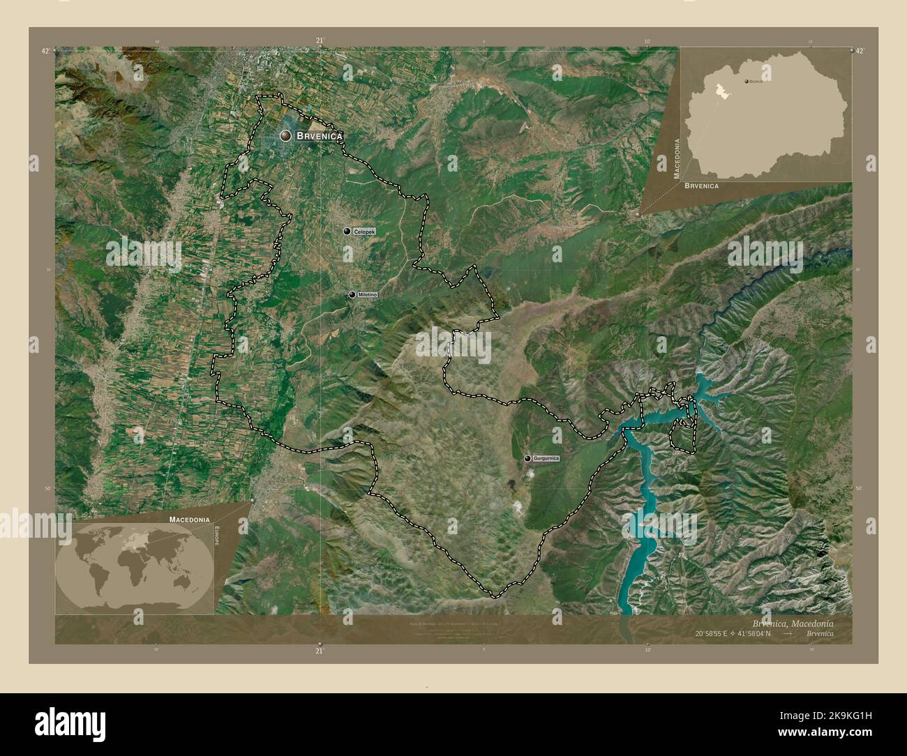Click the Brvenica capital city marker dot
tap(285, 137)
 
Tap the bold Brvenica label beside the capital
tap(320, 137)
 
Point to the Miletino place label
tap(367, 295)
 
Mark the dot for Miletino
tap(352, 295)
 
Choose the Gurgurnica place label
tap(546, 458)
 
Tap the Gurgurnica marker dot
tap(527, 458)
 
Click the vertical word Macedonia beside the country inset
tap(676, 159)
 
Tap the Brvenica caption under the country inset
tap(701, 186)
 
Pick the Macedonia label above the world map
tap(188, 520)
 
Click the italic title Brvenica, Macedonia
tap(792, 622)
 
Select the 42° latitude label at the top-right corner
tap(859, 51)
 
